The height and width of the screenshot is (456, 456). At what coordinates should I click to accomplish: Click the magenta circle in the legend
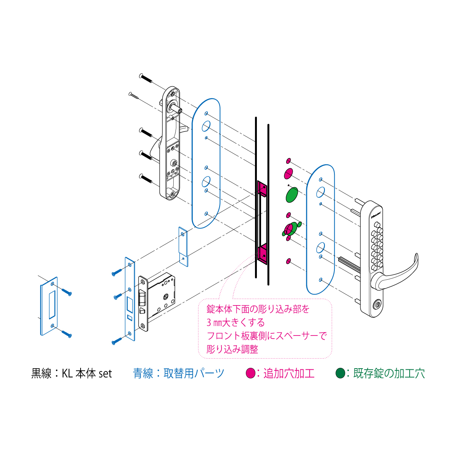coord(250,373)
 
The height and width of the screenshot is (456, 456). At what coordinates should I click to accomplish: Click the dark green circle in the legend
coord(340,373)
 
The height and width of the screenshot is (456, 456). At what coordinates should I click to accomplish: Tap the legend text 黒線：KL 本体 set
coord(71,374)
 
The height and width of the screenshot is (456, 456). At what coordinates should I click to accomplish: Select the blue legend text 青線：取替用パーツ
coord(179,374)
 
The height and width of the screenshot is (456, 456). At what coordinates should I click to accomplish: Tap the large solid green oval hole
coord(292,195)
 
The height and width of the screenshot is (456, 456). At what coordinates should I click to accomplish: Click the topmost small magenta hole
coord(288,161)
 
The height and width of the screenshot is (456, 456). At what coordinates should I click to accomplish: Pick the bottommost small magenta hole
coord(288,261)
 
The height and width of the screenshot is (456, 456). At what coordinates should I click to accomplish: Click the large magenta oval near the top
coord(288,174)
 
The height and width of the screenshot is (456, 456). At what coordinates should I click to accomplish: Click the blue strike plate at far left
coord(49,306)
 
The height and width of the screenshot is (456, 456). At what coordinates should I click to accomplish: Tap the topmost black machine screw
coord(146,78)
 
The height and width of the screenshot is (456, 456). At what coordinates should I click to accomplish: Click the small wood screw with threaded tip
coord(134,95)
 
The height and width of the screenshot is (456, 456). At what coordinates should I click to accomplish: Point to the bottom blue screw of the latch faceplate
coord(117,341)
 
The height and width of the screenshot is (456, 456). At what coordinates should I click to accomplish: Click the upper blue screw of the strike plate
coord(66,292)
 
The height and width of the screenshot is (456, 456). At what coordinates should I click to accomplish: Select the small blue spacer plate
coord(183,247)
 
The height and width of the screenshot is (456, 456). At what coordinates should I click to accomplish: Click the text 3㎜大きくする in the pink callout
coord(236,323)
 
